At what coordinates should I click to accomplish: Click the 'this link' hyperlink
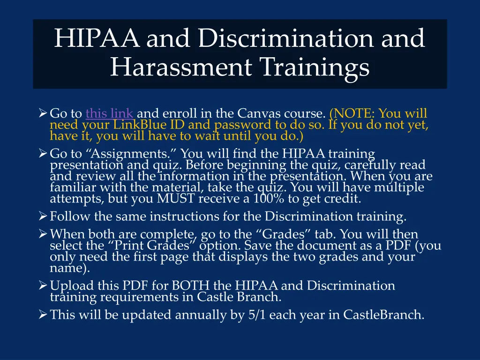click(110, 113)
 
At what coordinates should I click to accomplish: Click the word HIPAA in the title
click(96, 38)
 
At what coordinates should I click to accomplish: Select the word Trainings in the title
click(315, 67)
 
